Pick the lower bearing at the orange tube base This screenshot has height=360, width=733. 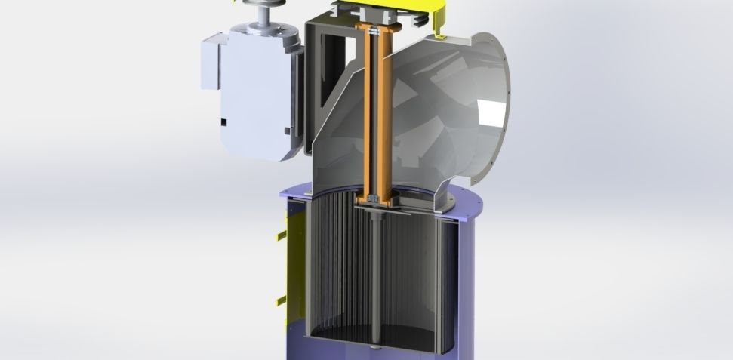tap(375, 199)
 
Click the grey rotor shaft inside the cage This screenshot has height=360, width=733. tap(376, 287)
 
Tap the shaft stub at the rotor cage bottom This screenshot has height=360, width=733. tap(376, 348)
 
